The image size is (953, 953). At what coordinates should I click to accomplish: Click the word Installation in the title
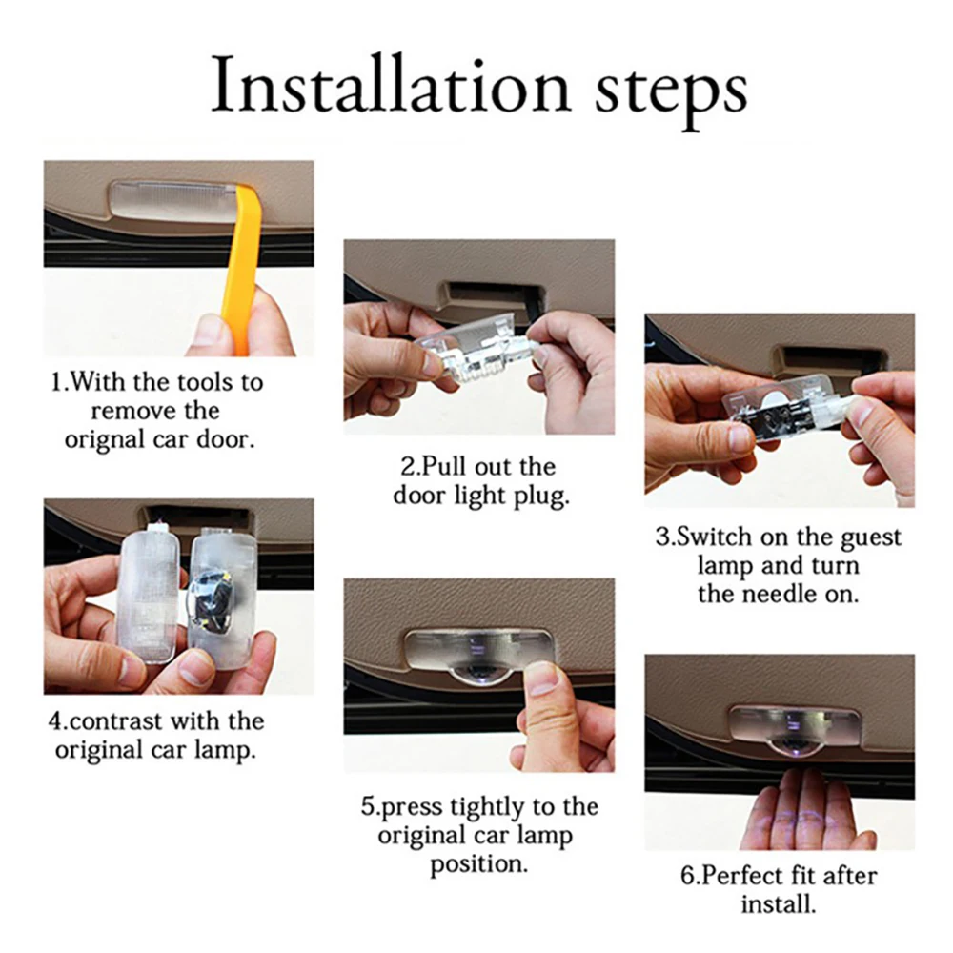click(x=390, y=85)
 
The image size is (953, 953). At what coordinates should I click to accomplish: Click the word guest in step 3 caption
click(x=871, y=538)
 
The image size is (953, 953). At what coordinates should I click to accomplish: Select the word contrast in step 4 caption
click(x=115, y=721)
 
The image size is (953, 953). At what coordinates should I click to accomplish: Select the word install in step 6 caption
click(x=778, y=904)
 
